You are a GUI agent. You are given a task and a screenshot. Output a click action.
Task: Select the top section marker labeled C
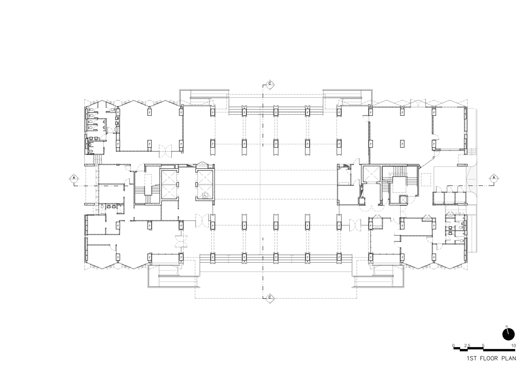[x=270, y=84]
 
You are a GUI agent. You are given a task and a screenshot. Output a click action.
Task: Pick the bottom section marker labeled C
[x=270, y=297]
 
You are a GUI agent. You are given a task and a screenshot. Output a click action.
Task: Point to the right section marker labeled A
[x=494, y=177]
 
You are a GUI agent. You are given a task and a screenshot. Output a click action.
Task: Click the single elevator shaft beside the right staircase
[x=371, y=174]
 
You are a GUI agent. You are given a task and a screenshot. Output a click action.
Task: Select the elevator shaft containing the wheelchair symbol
[x=205, y=185]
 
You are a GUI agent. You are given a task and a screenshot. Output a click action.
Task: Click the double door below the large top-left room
[x=165, y=150]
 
